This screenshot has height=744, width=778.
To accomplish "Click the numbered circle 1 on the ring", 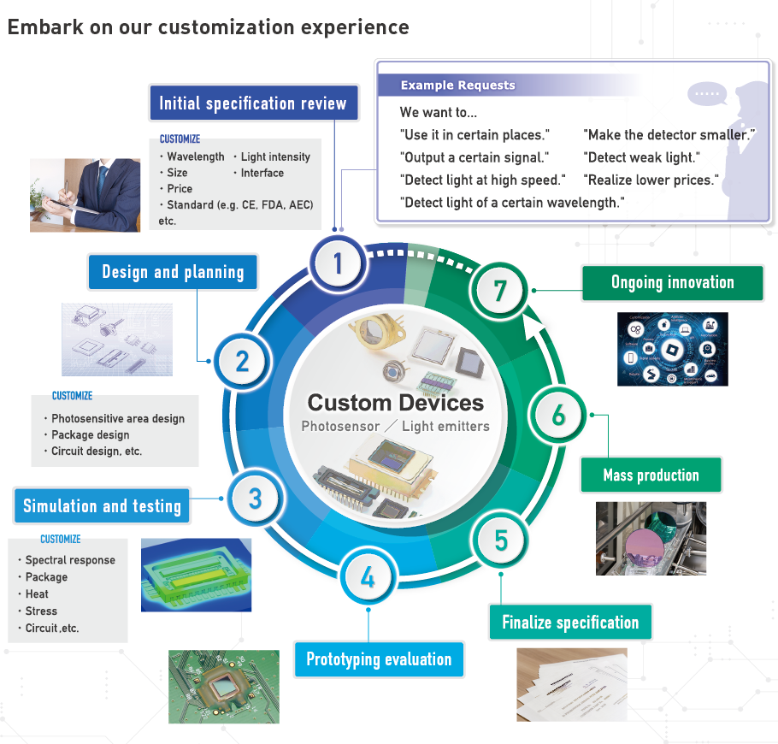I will pyautogui.click(x=338, y=263).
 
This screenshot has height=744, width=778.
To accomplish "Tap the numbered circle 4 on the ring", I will pyautogui.click(x=368, y=578).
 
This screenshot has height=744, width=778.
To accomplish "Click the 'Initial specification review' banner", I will pyautogui.click(x=253, y=104).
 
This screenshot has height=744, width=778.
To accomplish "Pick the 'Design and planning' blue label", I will pyautogui.click(x=173, y=272).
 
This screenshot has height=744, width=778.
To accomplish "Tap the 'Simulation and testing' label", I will pyautogui.click(x=102, y=505).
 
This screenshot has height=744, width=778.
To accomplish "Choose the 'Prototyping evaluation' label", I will pyautogui.click(x=379, y=659).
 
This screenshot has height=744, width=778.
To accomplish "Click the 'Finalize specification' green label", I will pyautogui.click(x=570, y=622).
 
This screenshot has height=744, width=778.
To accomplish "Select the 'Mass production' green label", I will pyautogui.click(x=651, y=475).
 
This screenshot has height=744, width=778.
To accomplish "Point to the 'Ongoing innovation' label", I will pyautogui.click(x=672, y=282).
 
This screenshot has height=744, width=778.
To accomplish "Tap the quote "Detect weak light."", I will pyautogui.click(x=641, y=157).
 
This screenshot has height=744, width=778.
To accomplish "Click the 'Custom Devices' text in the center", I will pyautogui.click(x=395, y=403).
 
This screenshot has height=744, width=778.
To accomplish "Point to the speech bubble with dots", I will pyautogui.click(x=706, y=92).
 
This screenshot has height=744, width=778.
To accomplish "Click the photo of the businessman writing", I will pyautogui.click(x=85, y=195).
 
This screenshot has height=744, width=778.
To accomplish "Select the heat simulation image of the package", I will pyautogui.click(x=196, y=575).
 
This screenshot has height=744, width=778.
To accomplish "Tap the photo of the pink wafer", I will pyautogui.click(x=651, y=538).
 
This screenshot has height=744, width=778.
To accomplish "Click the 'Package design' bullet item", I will pyautogui.click(x=91, y=434).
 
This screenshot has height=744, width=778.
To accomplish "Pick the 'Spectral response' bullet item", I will pyautogui.click(x=70, y=560).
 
